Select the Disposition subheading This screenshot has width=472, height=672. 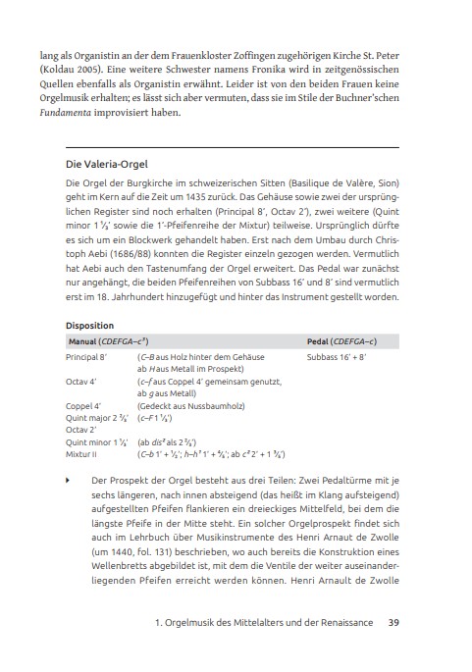tap(89, 326)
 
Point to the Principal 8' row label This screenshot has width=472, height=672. tap(89, 358)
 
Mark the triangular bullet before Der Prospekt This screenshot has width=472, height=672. tap(68, 482)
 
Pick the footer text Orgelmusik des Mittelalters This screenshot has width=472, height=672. tap(268, 621)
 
